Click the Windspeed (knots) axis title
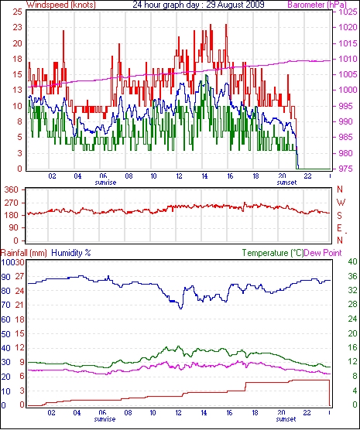click(61, 5)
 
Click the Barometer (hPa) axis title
click(317, 5)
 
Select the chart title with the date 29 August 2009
click(198, 5)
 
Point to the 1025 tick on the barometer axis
click(348, 12)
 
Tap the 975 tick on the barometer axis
click(347, 169)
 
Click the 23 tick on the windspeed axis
click(17, 27)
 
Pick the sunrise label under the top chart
click(105, 183)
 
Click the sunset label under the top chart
click(286, 183)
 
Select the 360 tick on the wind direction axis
click(12, 189)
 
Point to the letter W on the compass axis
click(341, 203)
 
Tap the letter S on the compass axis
click(339, 216)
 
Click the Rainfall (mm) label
click(24, 253)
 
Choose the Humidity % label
click(71, 253)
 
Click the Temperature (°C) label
click(273, 253)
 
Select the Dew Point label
click(323, 253)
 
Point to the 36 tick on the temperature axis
click(352, 276)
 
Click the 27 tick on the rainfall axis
click(20, 276)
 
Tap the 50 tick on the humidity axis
click(5, 334)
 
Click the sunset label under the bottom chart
click(286, 419)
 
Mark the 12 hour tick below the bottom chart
click(178, 412)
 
